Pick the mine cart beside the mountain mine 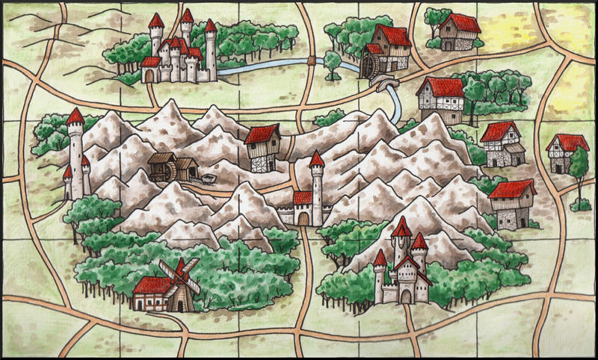(x=209, y=179)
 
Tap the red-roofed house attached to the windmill (x=149, y=293)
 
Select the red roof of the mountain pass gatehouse (x=303, y=197)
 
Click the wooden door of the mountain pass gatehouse (x=303, y=217)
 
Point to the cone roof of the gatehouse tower (x=317, y=159)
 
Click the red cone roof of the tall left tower (x=75, y=116)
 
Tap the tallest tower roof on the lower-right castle (x=401, y=226)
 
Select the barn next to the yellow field (x=458, y=31)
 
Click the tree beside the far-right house (x=577, y=168)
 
